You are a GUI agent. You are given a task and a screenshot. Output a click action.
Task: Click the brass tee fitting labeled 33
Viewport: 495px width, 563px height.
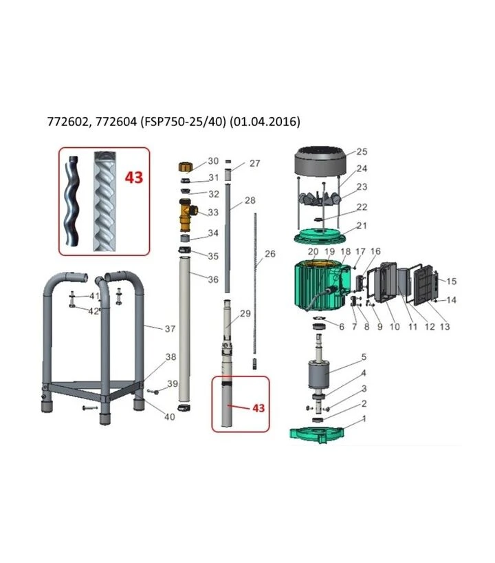point(187,215)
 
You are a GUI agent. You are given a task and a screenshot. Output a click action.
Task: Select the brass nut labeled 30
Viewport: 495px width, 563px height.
point(186,167)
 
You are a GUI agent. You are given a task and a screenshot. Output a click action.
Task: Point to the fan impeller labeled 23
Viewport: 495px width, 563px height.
point(320,198)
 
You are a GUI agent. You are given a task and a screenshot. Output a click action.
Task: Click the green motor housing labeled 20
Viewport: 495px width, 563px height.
point(321,286)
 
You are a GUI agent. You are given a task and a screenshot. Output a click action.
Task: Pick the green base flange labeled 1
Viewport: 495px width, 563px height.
point(317,434)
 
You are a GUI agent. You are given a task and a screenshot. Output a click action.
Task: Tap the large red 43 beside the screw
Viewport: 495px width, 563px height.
point(134,177)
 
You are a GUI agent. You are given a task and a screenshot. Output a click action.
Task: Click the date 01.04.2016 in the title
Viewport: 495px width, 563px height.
point(265,122)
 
